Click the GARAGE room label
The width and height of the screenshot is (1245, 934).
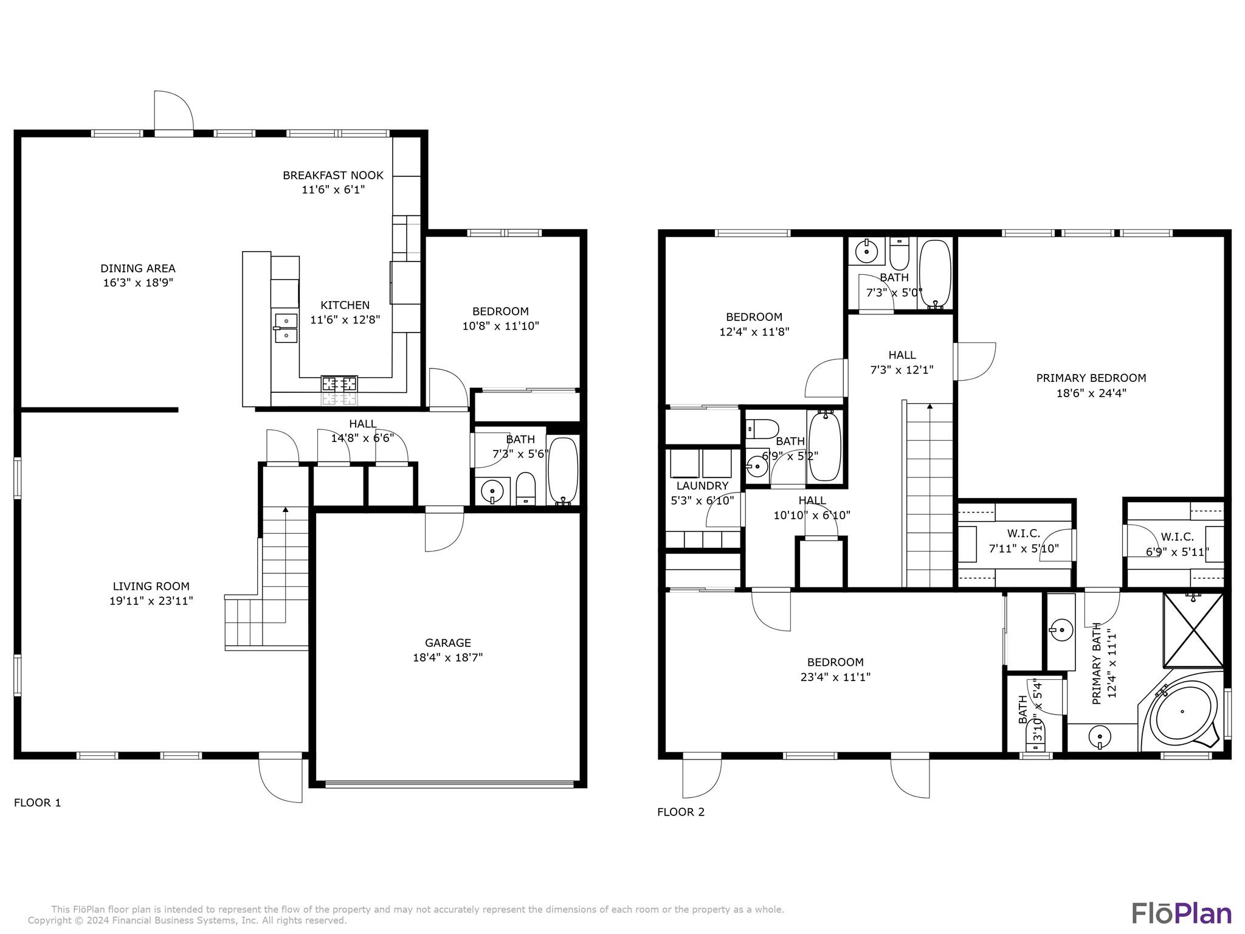(448, 643)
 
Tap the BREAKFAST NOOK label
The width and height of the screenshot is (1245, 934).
(333, 175)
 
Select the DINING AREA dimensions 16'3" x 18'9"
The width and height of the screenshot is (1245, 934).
(138, 283)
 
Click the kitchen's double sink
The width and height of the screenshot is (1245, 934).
(286, 328)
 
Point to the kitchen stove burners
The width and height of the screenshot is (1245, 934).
(339, 384)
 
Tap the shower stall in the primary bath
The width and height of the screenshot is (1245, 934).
(1193, 630)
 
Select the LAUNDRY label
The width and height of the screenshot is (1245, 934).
(702, 486)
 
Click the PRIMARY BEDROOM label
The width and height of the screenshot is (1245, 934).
(1091, 378)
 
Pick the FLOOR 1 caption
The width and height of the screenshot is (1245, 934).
(38, 803)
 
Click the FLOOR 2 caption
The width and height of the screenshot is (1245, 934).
(681, 812)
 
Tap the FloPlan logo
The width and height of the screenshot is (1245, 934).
(1182, 913)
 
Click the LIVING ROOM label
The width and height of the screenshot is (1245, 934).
(151, 586)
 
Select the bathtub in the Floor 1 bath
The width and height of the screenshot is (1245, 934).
(563, 471)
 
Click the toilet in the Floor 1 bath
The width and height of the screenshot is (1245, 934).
(525, 489)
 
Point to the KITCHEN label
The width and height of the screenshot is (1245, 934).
(345, 305)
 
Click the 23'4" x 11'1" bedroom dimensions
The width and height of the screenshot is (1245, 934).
(835, 677)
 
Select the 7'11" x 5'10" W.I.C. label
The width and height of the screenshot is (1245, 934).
(1024, 541)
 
